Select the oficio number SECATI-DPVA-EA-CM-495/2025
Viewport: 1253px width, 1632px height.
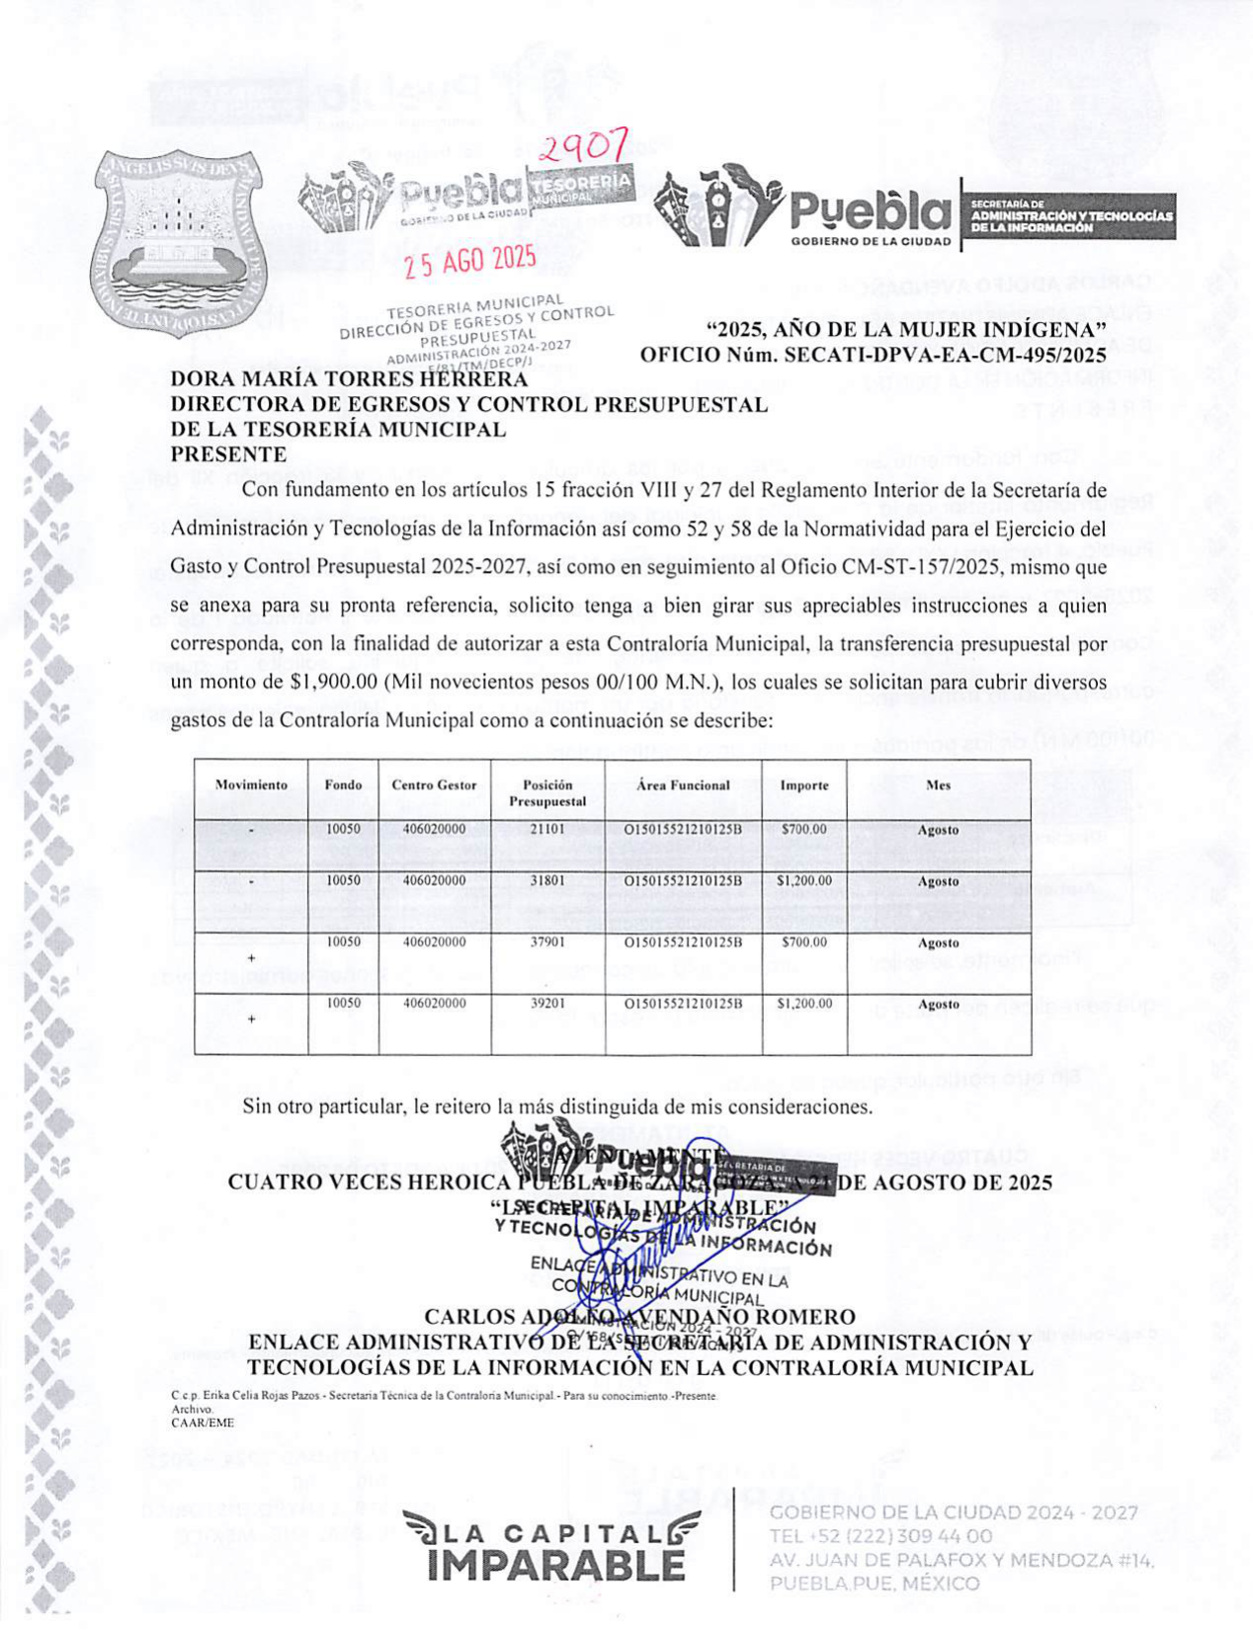873,354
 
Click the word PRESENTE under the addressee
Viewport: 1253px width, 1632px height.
228,454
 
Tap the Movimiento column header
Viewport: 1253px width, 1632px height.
251,785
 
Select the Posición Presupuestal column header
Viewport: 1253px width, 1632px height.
547,793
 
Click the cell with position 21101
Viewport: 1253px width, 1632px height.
547,830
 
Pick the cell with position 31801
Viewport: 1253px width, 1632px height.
547,880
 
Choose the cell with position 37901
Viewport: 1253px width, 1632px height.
547,942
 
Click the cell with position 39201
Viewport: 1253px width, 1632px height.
547,1004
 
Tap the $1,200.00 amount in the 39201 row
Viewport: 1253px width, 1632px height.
803,1004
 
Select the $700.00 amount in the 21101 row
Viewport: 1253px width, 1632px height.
803,830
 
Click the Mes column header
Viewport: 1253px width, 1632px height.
938,785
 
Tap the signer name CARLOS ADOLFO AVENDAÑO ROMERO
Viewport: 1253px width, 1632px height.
639,1317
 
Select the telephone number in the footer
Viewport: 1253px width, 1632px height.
880,1536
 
